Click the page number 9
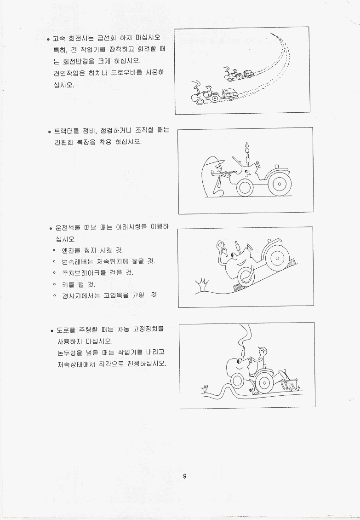(185, 476)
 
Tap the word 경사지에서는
(80, 295)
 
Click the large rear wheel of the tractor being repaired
(280, 184)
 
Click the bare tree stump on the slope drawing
(202, 285)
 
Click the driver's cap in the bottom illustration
(263, 349)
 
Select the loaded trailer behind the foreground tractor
(229, 94)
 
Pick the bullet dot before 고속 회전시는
(48, 39)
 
